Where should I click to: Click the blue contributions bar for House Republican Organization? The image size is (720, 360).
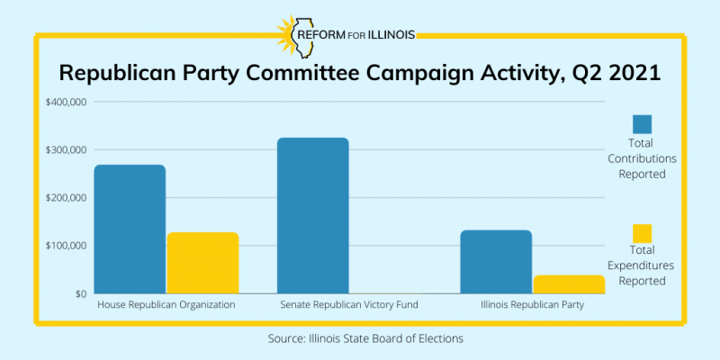130,229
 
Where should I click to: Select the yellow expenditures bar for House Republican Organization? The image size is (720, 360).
202,262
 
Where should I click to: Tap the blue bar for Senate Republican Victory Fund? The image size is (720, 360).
312,215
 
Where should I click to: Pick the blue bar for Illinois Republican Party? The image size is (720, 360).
496,261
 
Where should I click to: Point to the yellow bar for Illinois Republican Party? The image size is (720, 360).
568,283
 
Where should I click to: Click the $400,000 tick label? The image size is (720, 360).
66,102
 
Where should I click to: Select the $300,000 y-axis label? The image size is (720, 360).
66,149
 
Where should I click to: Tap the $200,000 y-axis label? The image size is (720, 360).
66,197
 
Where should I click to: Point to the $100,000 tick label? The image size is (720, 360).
66,246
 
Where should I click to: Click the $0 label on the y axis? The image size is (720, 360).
78,293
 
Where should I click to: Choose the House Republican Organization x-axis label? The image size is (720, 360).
166,305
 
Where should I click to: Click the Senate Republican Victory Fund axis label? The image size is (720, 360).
349,305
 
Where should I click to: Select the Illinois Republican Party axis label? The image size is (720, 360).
532,305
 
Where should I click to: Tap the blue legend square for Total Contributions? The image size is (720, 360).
642,124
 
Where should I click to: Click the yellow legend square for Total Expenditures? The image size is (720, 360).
642,233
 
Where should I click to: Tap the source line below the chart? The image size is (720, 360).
360,338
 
